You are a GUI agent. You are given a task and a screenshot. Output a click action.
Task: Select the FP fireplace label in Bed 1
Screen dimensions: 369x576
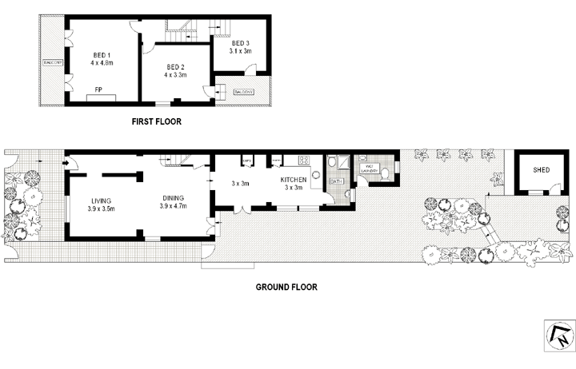(99, 89)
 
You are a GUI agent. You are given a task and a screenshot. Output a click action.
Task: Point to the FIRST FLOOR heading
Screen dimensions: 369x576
(156, 122)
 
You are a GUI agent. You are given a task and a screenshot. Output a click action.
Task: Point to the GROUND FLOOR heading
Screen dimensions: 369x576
(286, 287)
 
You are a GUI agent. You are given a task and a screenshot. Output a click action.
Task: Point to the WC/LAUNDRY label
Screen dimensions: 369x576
(370, 169)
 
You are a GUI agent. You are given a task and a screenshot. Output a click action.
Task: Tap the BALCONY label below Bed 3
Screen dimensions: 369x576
(243, 92)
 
